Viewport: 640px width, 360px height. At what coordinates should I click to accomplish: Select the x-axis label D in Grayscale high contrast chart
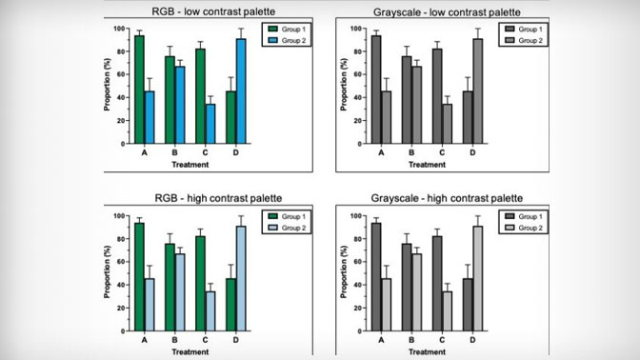point(471,340)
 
